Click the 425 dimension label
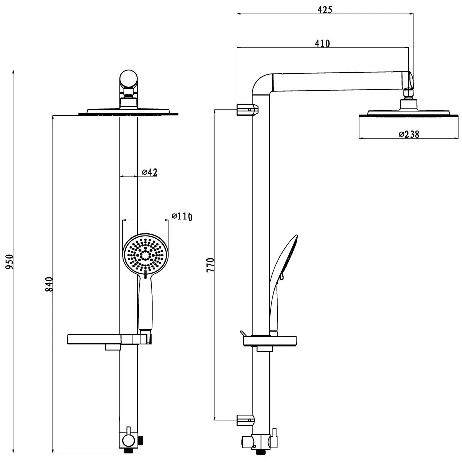pos(325,10)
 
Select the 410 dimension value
pos(322,43)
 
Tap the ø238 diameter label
pos(409,134)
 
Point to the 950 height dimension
pos(9,261)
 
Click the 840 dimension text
pos(49,284)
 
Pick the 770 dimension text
pos(211,265)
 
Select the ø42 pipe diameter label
pos(150,172)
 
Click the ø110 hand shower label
pos(182,216)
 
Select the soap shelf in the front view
pos(94,339)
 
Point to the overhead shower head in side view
pos(409,112)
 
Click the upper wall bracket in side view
pos(248,109)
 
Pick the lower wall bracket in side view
pos(245,419)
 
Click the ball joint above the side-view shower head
pos(408,93)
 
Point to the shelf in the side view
pos(270,341)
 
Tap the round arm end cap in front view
pos(128,79)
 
